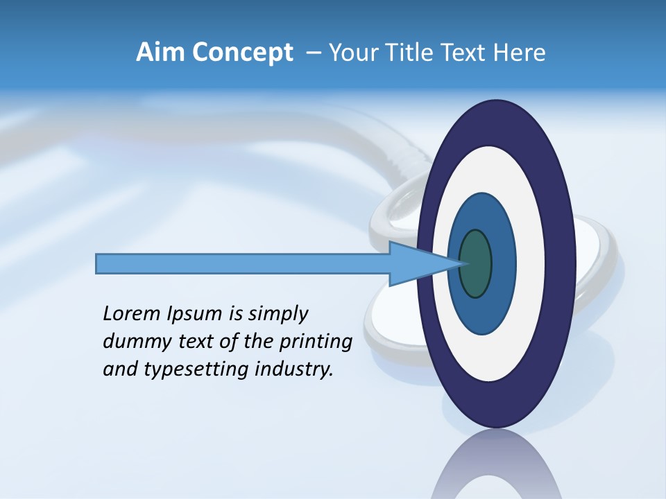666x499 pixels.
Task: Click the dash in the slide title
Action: click(314, 53)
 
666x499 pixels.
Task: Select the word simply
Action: click(277, 314)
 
